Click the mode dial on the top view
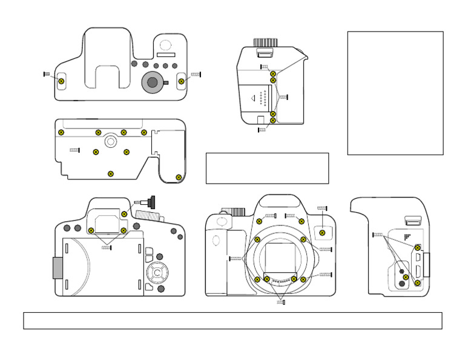(x=153, y=82)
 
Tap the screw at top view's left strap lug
(x=61, y=81)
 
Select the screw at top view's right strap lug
(x=181, y=81)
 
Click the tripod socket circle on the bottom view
(x=110, y=141)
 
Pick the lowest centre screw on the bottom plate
(x=110, y=174)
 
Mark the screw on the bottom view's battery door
(x=178, y=177)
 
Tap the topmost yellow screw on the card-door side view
(x=273, y=73)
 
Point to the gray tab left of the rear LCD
(x=58, y=267)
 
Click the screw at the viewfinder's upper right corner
(x=124, y=214)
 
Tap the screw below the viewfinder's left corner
(x=91, y=230)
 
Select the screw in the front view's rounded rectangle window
(x=323, y=231)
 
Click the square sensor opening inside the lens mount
(x=280, y=255)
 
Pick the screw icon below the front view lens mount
(x=282, y=302)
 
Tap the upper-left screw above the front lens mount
(x=260, y=221)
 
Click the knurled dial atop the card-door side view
(x=265, y=43)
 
